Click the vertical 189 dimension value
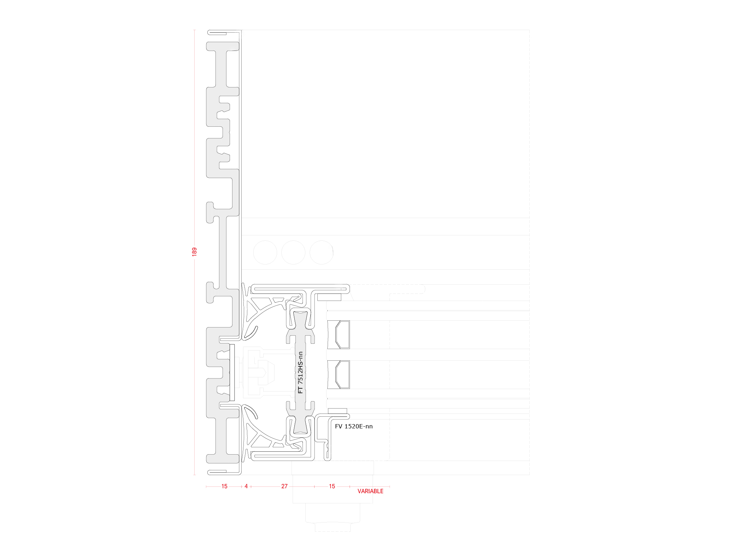[x=194, y=252]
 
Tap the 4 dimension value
[x=246, y=486]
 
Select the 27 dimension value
[x=284, y=486]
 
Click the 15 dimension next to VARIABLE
[x=332, y=486]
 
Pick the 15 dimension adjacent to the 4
[x=224, y=486]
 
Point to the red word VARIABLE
[x=370, y=491]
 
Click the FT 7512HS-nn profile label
[x=300, y=372]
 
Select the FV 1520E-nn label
[x=354, y=426]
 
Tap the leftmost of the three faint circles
[x=265, y=252]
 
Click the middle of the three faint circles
[x=293, y=252]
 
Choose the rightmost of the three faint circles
[x=322, y=252]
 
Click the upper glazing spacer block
[x=339, y=335]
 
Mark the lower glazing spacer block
[x=339, y=375]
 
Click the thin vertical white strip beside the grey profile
[x=232, y=372]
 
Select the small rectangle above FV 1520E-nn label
[x=337, y=411]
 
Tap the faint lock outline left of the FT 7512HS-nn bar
[x=262, y=372]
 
